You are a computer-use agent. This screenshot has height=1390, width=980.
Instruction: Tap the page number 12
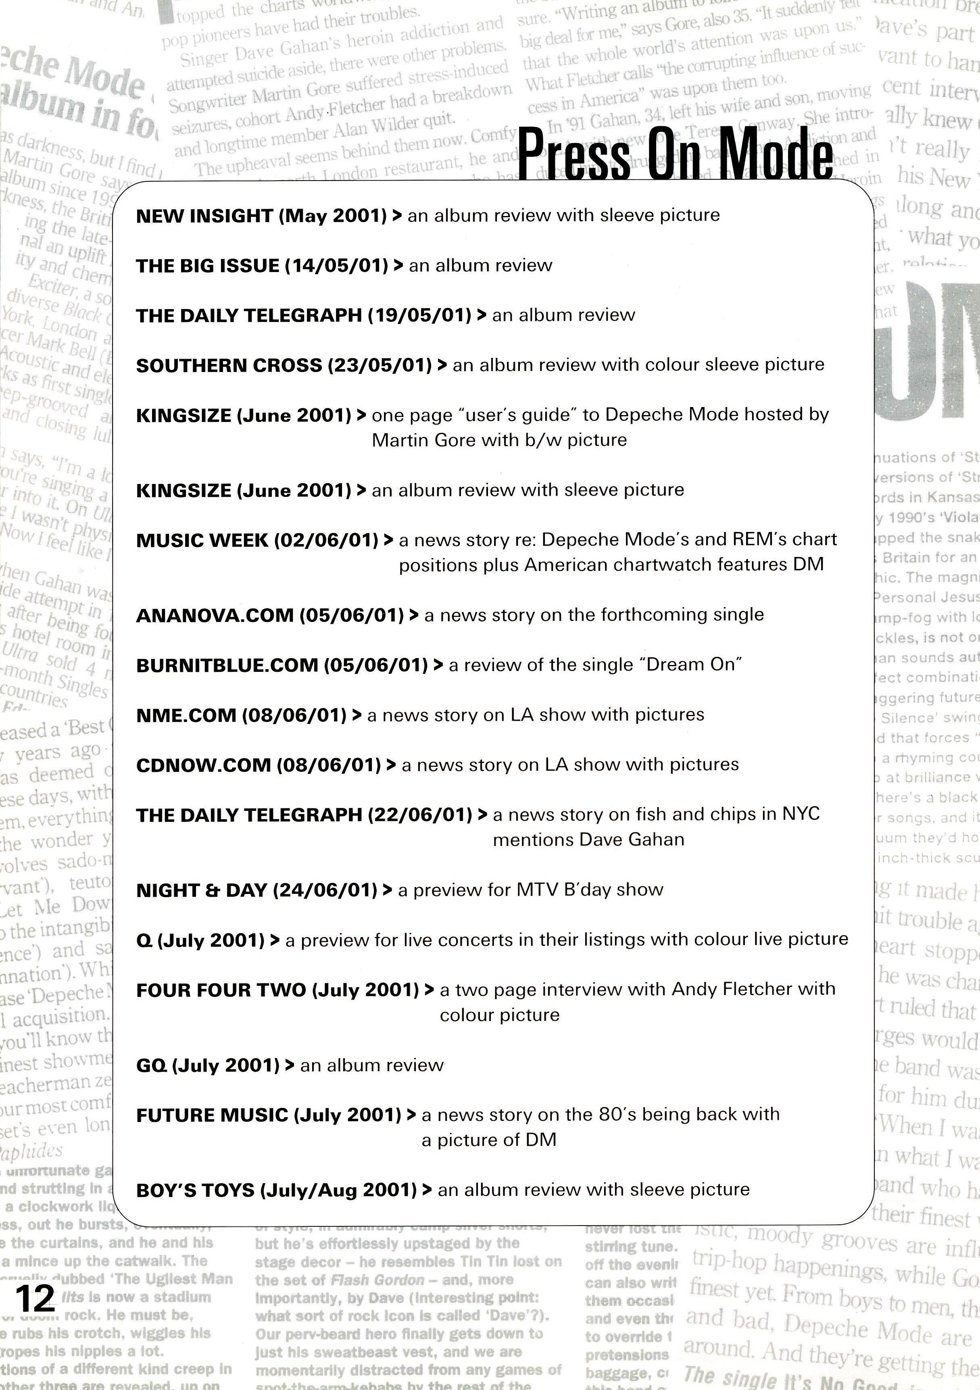click(35, 1297)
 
